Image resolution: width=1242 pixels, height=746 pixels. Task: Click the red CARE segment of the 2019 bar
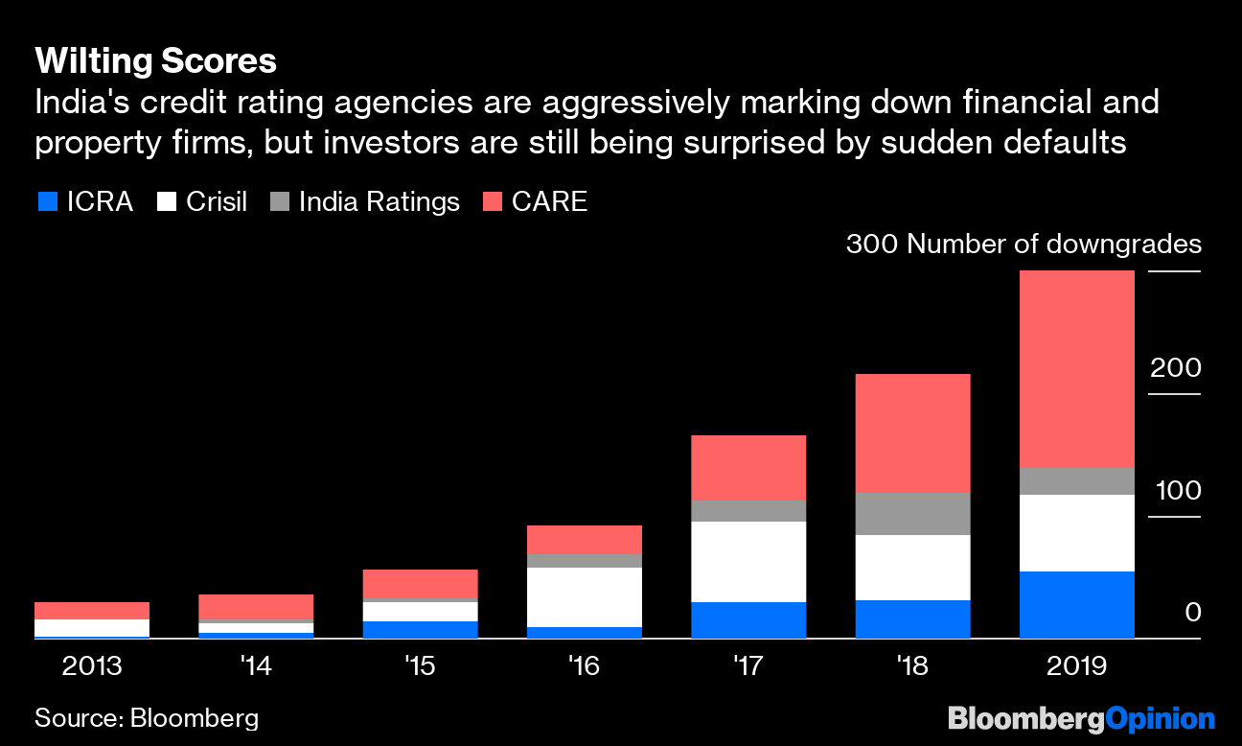point(1076,369)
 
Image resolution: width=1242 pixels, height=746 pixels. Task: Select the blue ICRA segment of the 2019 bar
point(1076,604)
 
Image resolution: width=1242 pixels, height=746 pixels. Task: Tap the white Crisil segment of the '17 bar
point(748,562)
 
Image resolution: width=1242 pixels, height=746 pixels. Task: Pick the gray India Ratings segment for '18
point(912,514)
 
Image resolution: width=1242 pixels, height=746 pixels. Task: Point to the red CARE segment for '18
point(912,433)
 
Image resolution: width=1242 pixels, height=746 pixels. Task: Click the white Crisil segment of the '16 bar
point(585,597)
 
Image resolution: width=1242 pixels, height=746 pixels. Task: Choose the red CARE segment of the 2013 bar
point(92,611)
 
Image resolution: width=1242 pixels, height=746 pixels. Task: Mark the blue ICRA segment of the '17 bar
point(748,619)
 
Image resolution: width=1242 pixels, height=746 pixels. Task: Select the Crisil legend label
point(216,201)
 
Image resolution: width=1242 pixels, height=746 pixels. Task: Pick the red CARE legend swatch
point(494,201)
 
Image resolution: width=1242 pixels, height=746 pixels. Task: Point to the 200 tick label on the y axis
point(1175,368)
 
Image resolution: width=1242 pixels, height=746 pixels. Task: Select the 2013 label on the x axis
point(92,665)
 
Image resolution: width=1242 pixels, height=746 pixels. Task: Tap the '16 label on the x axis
point(584,665)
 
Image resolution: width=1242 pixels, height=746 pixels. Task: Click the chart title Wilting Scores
point(155,62)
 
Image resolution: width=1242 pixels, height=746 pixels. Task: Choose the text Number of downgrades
point(1054,245)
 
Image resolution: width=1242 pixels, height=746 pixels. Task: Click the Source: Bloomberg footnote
point(147,717)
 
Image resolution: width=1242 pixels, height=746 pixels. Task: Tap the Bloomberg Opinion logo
point(1081,717)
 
